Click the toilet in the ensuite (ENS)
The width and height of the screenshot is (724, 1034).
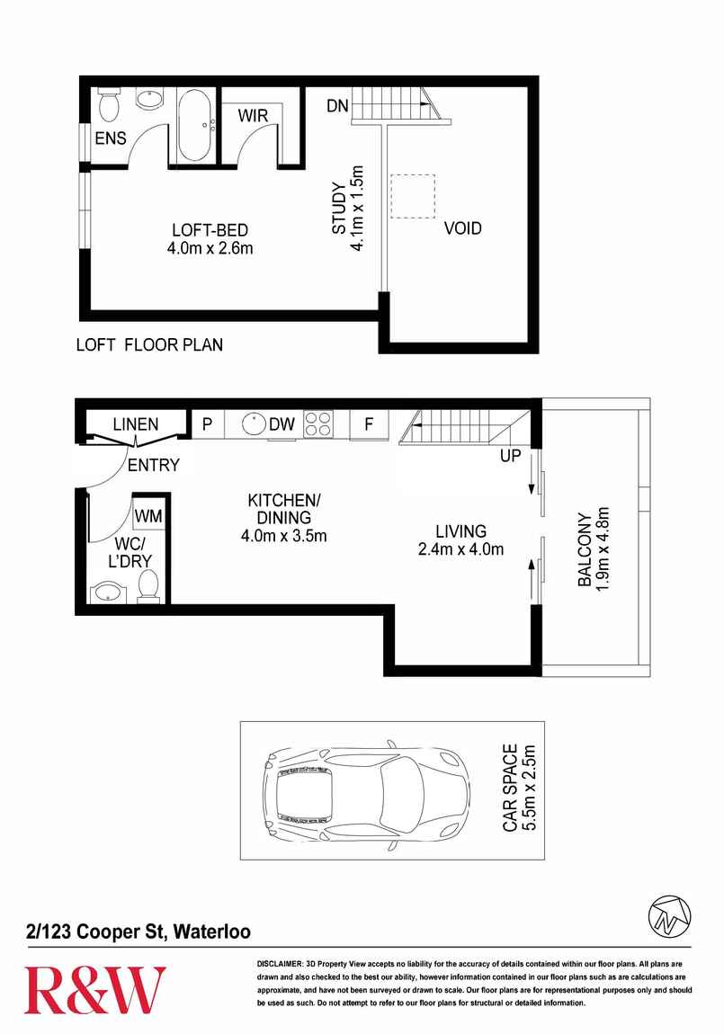[110, 106]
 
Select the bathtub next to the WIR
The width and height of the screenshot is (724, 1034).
[194, 126]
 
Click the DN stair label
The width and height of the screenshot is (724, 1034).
[337, 106]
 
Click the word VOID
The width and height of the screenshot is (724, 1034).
[462, 228]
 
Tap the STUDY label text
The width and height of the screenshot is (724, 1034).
[339, 209]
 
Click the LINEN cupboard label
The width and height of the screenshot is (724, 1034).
[135, 424]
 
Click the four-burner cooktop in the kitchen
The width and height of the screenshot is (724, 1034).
[318, 423]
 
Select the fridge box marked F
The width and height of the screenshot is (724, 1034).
[369, 424]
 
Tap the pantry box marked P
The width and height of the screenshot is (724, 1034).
[206, 424]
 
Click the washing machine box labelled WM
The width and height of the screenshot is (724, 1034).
[149, 516]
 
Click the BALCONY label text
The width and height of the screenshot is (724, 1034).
[585, 550]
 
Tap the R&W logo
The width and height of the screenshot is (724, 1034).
[94, 990]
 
